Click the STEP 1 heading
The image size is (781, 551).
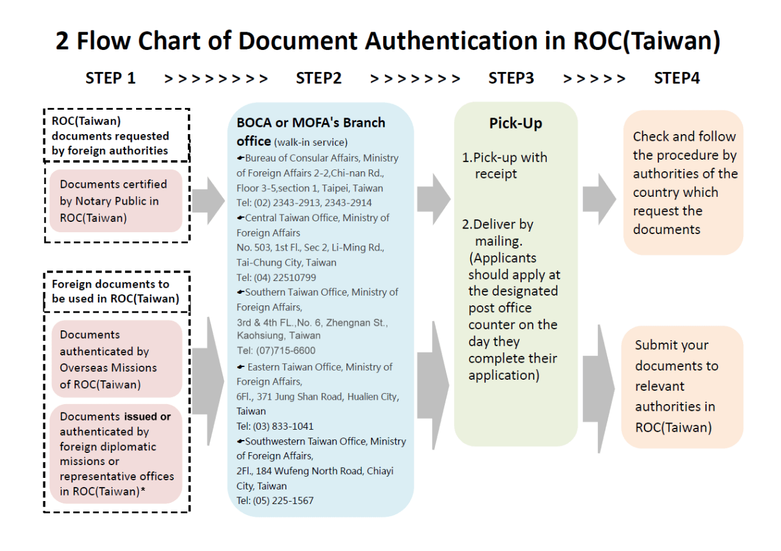110,78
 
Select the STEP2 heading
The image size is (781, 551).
319,78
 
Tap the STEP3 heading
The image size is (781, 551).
511,78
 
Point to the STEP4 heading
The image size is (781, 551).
677,78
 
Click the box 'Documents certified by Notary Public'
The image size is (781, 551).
116,201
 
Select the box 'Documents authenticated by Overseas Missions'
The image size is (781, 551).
116,360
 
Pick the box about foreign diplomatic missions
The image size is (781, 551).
116,453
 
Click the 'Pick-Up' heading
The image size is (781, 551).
516,124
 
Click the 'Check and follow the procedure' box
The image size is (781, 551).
683,183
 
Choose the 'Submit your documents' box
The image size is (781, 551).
682,386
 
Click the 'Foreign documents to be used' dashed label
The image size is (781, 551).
117,291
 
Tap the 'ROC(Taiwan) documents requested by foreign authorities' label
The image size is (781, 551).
117,135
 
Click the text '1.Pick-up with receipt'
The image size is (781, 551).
505,166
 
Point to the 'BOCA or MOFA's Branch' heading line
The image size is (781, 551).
311,123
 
